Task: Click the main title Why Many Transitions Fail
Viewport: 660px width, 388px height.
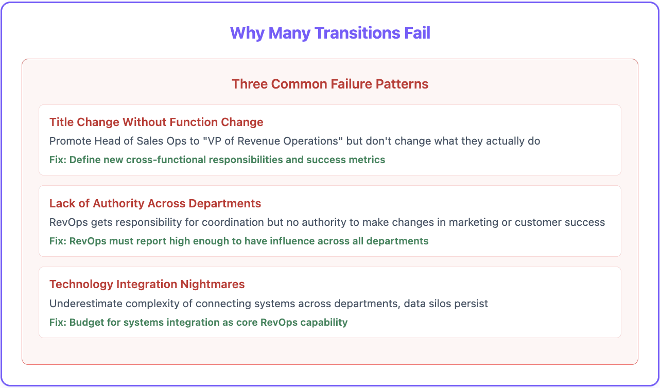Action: click(330, 33)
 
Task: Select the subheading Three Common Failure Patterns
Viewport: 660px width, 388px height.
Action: click(330, 84)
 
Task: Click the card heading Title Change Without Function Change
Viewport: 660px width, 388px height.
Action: click(157, 122)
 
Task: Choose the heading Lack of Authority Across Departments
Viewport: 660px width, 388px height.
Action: click(155, 203)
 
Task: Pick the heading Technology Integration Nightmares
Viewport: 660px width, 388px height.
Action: click(147, 284)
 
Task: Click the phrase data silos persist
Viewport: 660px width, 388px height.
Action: click(446, 304)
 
